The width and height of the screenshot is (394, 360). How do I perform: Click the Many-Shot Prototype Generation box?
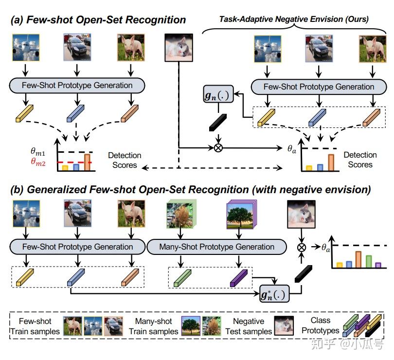click(216, 247)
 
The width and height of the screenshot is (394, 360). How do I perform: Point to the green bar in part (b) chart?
click(369, 262)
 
